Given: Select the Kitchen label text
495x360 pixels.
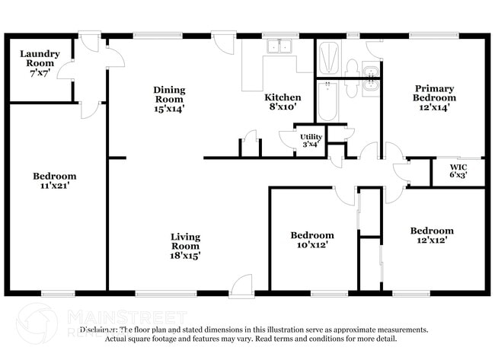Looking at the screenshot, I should click(x=283, y=97).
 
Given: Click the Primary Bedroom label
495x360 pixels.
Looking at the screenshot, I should click(x=435, y=93).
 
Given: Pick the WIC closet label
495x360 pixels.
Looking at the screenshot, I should click(x=458, y=166).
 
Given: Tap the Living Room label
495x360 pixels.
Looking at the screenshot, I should click(x=185, y=241).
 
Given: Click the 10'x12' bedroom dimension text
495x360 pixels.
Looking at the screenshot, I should click(x=313, y=244).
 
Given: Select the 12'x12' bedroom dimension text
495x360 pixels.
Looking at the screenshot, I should click(x=432, y=240).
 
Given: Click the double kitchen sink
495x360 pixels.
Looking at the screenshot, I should click(x=279, y=47).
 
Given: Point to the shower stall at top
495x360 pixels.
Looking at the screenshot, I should click(x=329, y=56).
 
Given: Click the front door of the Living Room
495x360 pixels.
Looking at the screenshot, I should click(x=241, y=285).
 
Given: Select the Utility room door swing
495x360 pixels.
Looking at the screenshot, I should click(x=286, y=139).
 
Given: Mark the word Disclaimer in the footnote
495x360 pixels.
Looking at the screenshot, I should click(x=101, y=330).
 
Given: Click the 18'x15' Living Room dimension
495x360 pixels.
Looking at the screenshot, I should click(x=185, y=256).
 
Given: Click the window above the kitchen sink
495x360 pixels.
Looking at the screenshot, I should click(x=279, y=35).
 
